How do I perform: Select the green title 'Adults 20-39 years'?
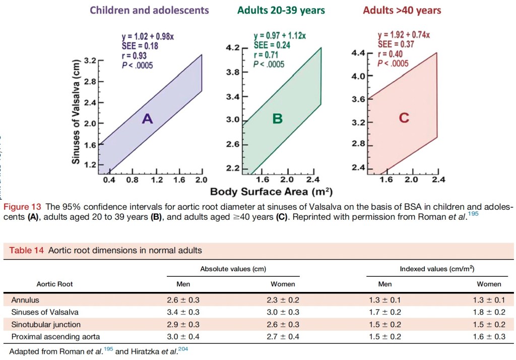pyautogui.click(x=282, y=10)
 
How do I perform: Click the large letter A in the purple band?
pyautogui.click(x=147, y=118)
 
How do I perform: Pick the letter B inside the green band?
pyautogui.click(x=278, y=119)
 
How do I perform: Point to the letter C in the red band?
pyautogui.click(x=404, y=118)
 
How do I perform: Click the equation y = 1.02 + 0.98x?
pyautogui.click(x=148, y=37)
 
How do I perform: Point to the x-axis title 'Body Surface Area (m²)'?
pyautogui.click(x=271, y=192)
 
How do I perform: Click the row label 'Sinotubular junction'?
pyautogui.click(x=46, y=324)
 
